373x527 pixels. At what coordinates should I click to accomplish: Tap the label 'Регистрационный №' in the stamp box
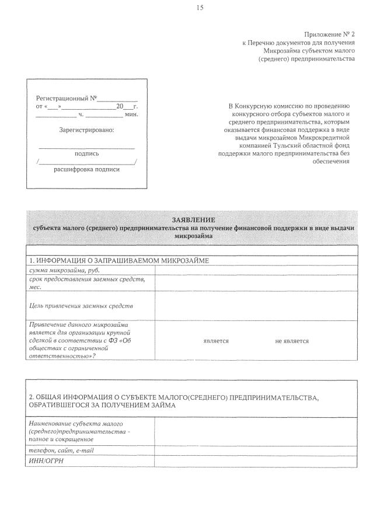pos(67,99)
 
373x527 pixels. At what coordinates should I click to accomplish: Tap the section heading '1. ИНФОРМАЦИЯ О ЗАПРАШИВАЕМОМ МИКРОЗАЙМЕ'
pos(119,260)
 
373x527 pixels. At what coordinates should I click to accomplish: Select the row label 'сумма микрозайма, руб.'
pos(61,270)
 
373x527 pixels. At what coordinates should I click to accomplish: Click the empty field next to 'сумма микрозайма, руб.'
pos(256,270)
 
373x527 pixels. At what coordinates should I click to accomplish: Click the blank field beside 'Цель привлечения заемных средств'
pos(256,305)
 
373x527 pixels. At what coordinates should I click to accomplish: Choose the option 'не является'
pos(292,341)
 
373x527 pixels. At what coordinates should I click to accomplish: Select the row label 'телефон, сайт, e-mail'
pos(61,451)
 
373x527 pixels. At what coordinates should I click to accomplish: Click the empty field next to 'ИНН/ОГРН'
pos(256,461)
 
